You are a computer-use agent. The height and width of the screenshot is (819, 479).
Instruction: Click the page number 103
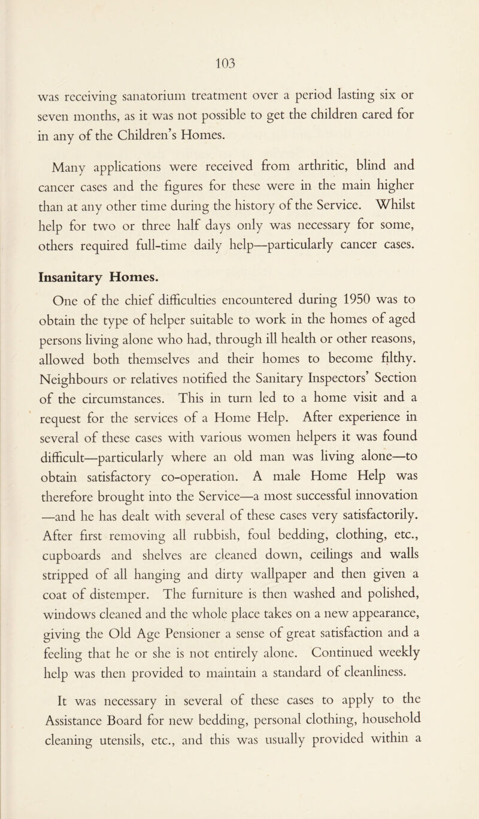239,62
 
